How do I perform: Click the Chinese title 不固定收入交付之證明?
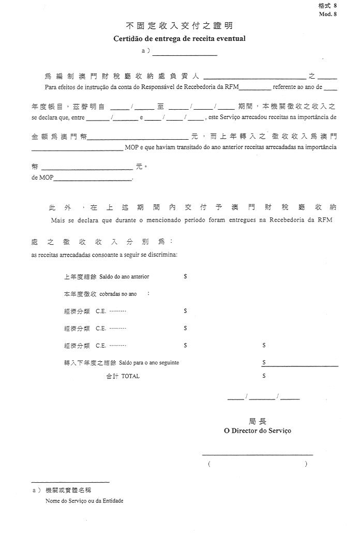[x=179, y=25]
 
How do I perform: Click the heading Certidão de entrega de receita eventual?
[x=179, y=38]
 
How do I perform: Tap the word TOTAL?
[x=130, y=376]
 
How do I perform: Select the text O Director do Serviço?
[x=257, y=431]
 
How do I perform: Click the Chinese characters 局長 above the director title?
[x=257, y=421]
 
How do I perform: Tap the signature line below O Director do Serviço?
[x=257, y=454]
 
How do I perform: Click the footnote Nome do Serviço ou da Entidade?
[x=84, y=501]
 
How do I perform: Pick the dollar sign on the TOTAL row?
[x=264, y=376]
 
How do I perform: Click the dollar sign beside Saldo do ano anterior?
[x=185, y=277]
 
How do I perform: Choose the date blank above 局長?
[x=263, y=398]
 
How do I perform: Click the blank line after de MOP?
[x=93, y=179]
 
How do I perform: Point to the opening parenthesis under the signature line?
[x=209, y=464]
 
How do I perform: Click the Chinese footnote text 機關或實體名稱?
[x=68, y=490]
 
